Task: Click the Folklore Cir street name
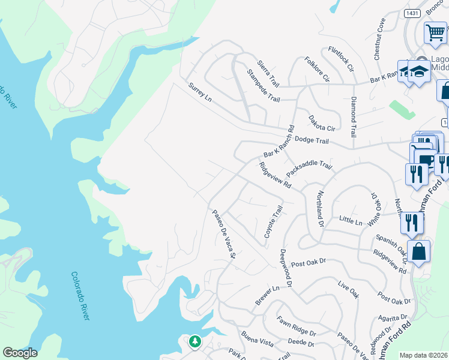click(317, 70)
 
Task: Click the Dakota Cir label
click(321, 124)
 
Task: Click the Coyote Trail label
click(273, 221)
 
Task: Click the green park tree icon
click(194, 342)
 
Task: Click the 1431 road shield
click(412, 13)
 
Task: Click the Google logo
click(20, 353)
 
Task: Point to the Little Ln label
click(351, 222)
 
